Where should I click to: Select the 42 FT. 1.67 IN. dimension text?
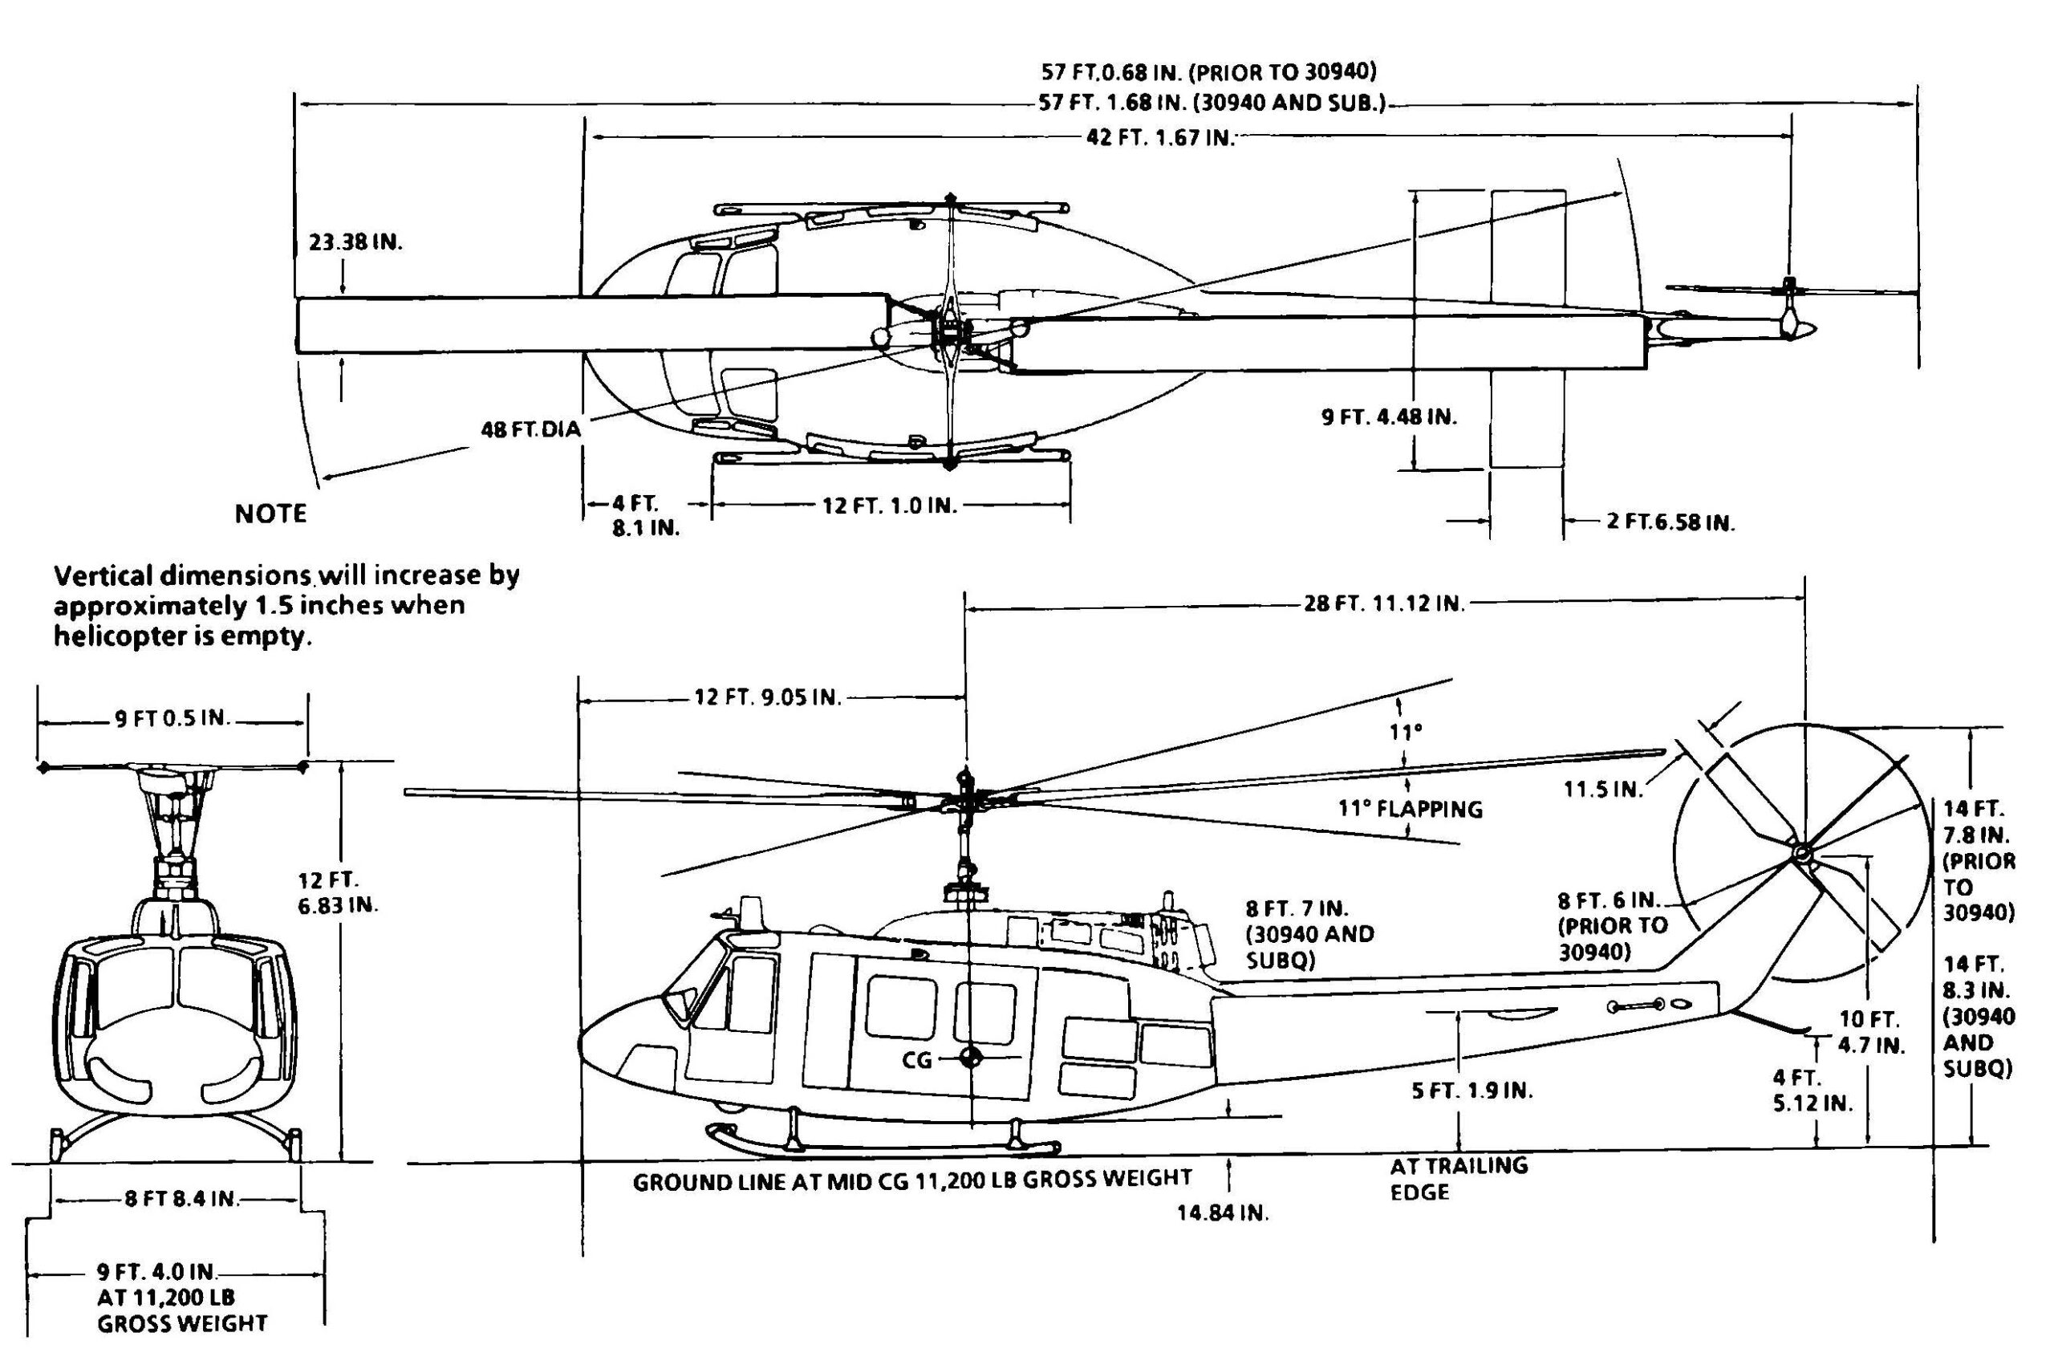pyautogui.click(x=1160, y=137)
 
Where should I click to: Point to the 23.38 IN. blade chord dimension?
pyautogui.click(x=356, y=242)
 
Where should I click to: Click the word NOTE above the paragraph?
pyautogui.click(x=270, y=514)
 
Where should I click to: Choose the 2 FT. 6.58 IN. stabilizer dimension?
pyautogui.click(x=1670, y=522)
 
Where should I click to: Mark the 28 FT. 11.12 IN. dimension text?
pyautogui.click(x=1383, y=603)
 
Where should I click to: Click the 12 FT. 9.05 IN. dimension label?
pyautogui.click(x=767, y=697)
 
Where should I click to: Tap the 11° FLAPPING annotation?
pyautogui.click(x=1410, y=810)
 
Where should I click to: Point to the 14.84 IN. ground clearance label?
pyautogui.click(x=1222, y=1213)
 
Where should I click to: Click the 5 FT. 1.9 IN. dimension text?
pyautogui.click(x=1471, y=1091)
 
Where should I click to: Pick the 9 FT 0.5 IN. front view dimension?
pyautogui.click(x=171, y=718)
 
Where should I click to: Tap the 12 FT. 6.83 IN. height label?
pyautogui.click(x=338, y=892)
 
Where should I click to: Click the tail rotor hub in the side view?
pyautogui.click(x=1799, y=852)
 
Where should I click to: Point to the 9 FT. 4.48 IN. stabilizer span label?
pyautogui.click(x=1389, y=416)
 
